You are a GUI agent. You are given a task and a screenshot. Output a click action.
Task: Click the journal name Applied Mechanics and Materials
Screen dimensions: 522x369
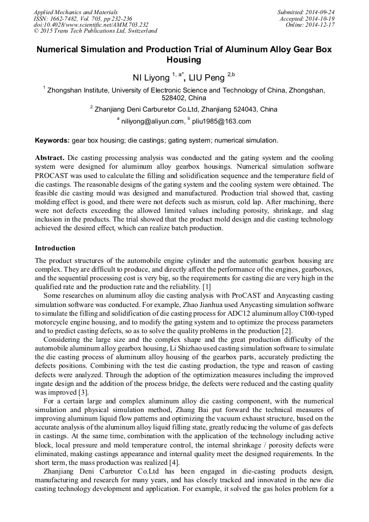tap(76, 11)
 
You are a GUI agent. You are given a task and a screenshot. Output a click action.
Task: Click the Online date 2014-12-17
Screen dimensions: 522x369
tap(322, 24)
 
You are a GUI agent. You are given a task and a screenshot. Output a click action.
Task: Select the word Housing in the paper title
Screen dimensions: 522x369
tap(184, 60)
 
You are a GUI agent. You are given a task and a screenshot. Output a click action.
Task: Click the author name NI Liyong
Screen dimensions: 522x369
tap(151, 77)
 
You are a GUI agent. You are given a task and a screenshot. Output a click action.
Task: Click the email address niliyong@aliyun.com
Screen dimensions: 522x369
tap(153, 121)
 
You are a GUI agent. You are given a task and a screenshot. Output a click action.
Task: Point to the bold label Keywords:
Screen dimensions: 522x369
tap(52, 140)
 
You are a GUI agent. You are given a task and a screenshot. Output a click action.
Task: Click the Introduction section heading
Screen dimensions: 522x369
tap(55, 248)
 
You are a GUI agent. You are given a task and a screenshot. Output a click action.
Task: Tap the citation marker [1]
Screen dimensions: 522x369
tap(206, 286)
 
